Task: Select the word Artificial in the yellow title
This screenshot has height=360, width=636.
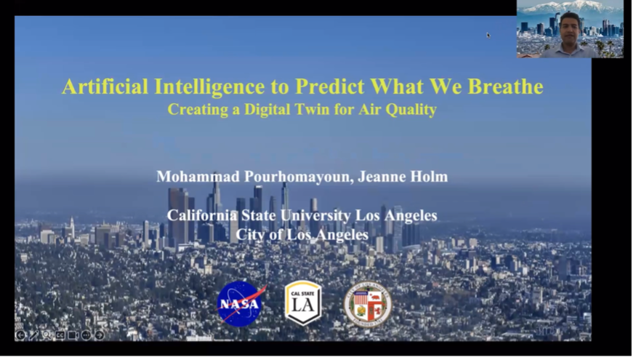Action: (105, 86)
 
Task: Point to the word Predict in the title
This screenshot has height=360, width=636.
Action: (329, 87)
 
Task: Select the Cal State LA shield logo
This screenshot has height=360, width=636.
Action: (303, 303)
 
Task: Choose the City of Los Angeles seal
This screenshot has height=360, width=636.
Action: (368, 305)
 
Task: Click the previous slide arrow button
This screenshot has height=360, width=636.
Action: (20, 335)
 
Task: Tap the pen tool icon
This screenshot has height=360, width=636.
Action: (33, 335)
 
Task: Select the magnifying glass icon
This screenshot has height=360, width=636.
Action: (47, 335)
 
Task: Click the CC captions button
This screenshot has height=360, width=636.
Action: (60, 335)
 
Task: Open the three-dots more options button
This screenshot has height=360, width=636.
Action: (86, 335)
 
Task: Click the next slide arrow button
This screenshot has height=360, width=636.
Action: (100, 335)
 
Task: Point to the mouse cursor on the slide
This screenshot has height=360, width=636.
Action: (488, 36)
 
